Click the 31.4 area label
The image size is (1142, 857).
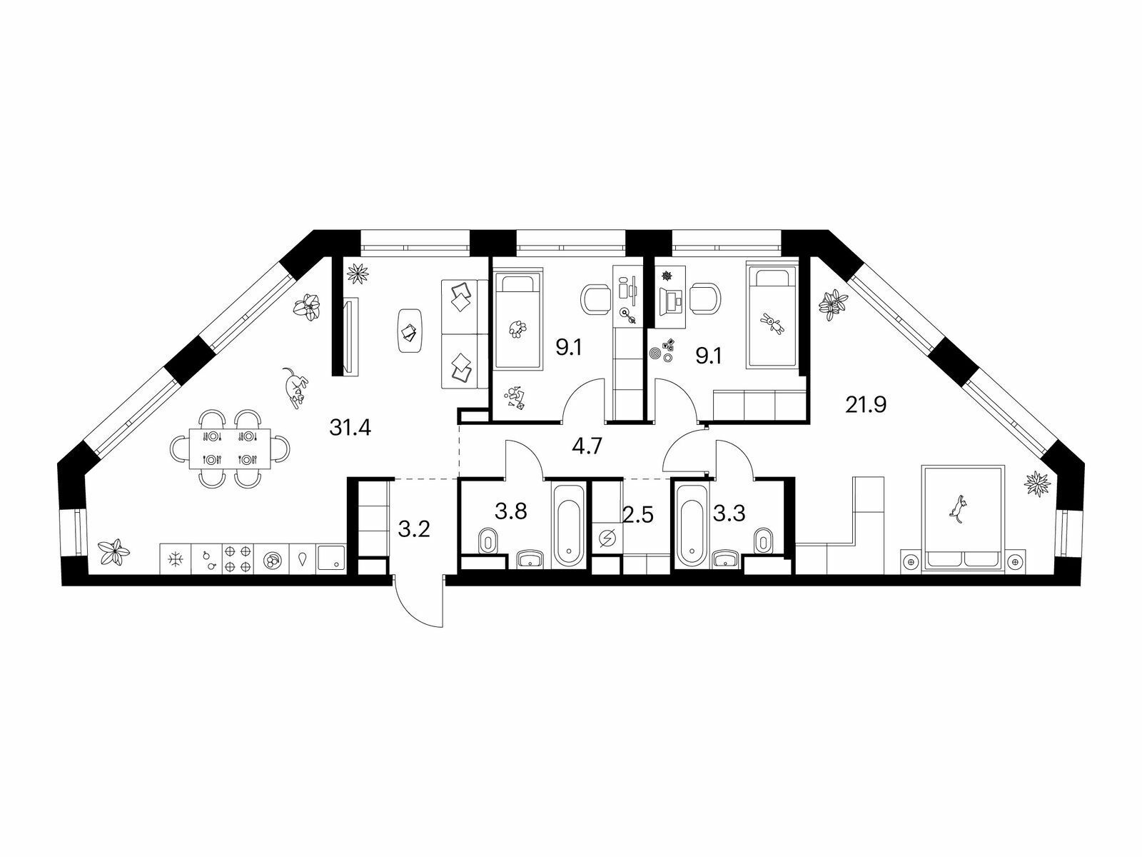[x=350, y=428]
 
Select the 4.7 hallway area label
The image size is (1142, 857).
[x=587, y=446]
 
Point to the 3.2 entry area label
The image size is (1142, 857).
[x=414, y=529]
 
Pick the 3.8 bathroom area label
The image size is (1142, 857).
[x=511, y=511]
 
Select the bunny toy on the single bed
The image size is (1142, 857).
[x=772, y=324]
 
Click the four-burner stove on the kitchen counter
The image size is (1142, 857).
[x=238, y=559]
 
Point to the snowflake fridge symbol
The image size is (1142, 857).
[x=176, y=559]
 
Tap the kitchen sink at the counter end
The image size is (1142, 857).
[x=331, y=559]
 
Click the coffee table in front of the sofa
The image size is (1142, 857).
[x=410, y=331]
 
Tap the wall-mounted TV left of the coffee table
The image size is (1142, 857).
[x=351, y=336]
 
